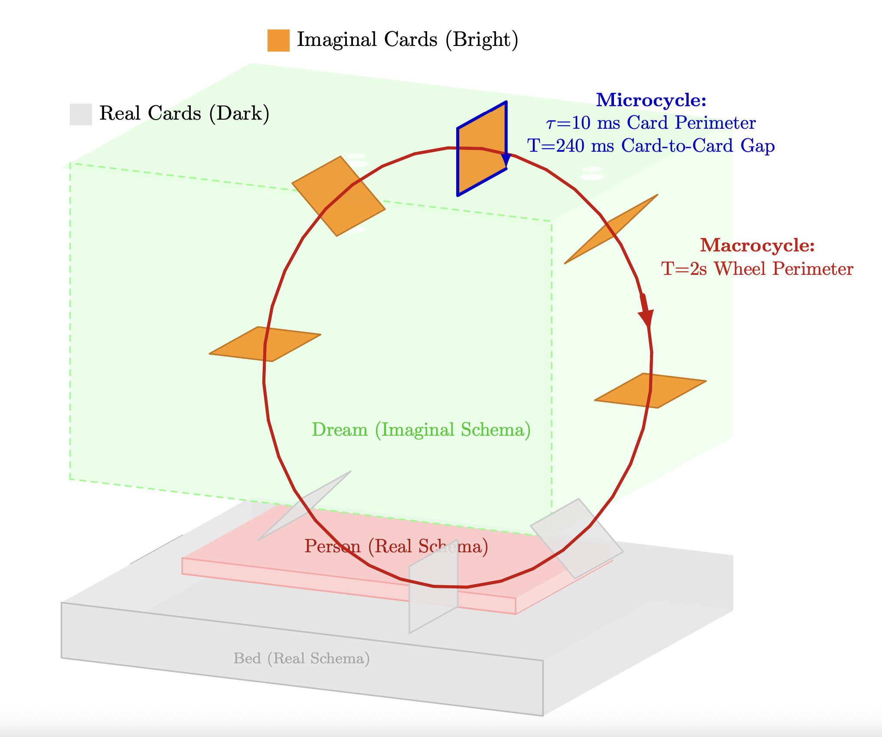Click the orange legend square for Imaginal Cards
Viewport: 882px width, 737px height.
pos(278,40)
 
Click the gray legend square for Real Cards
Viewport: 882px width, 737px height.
pos(81,114)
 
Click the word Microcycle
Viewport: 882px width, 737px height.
pos(651,100)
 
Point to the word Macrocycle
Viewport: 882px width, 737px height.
pos(757,245)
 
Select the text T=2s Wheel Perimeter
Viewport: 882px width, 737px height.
pos(757,269)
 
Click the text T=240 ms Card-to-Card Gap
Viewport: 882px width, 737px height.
pos(651,146)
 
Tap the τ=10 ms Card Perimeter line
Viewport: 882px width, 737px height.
pos(651,123)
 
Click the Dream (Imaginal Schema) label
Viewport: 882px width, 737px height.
pos(421,430)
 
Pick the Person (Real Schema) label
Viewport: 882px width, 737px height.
pos(396,546)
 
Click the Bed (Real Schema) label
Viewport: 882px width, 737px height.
pos(301,659)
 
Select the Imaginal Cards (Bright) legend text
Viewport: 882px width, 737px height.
pos(407,39)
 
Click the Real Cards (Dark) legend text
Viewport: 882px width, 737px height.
pos(184,114)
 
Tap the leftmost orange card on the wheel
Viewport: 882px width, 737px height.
pos(265,344)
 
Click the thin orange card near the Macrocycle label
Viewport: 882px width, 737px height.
pos(611,229)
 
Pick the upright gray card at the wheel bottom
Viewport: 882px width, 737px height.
pos(433,587)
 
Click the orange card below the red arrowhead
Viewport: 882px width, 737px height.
pos(650,391)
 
